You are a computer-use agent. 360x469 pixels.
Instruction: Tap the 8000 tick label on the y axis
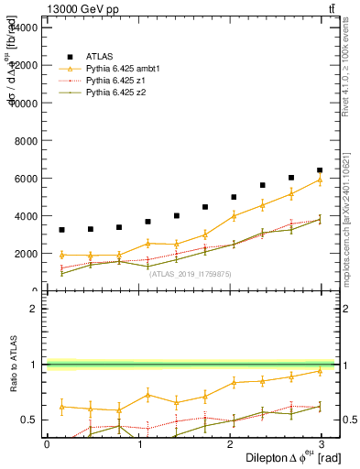click(25, 141)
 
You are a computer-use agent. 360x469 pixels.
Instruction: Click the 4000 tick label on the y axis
click(25, 216)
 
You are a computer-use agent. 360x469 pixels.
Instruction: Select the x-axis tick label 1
click(139, 443)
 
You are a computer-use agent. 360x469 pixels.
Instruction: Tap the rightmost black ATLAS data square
click(320, 170)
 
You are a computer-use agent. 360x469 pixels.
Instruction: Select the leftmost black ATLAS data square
click(61, 230)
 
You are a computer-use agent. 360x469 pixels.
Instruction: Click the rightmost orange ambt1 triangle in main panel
click(320, 180)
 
